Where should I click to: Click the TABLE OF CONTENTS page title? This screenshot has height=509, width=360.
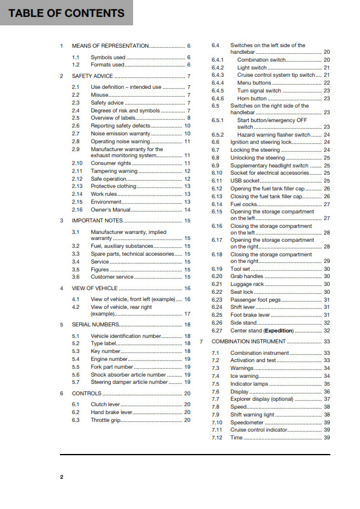tap(67, 13)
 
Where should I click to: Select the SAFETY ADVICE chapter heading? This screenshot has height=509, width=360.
tap(92, 76)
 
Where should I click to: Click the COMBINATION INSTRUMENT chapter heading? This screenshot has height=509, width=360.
tap(249, 342)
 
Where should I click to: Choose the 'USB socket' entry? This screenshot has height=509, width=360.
tap(244, 180)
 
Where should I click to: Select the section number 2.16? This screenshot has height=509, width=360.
tap(77, 210)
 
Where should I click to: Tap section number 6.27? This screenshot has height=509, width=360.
tap(217, 331)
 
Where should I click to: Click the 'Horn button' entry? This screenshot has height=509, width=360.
tap(252, 99)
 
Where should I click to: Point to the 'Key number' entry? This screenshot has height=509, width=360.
tap(106, 351)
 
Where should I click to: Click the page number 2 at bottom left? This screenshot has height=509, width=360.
tap(61, 477)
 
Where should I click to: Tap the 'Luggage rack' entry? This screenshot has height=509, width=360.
tap(247, 284)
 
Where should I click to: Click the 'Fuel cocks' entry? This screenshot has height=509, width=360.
tap(244, 204)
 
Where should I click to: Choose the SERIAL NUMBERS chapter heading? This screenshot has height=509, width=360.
tap(96, 325)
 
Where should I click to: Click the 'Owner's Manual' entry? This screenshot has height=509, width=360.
tap(111, 210)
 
